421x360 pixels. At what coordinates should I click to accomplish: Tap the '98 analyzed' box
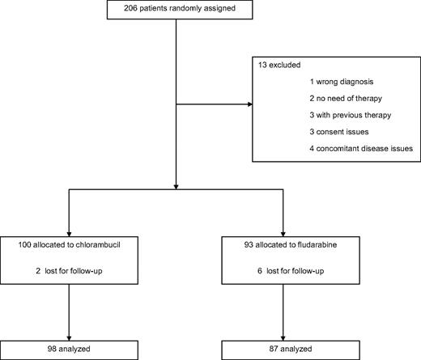point(69,349)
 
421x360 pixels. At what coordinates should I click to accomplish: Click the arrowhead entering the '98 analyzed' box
point(69,337)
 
